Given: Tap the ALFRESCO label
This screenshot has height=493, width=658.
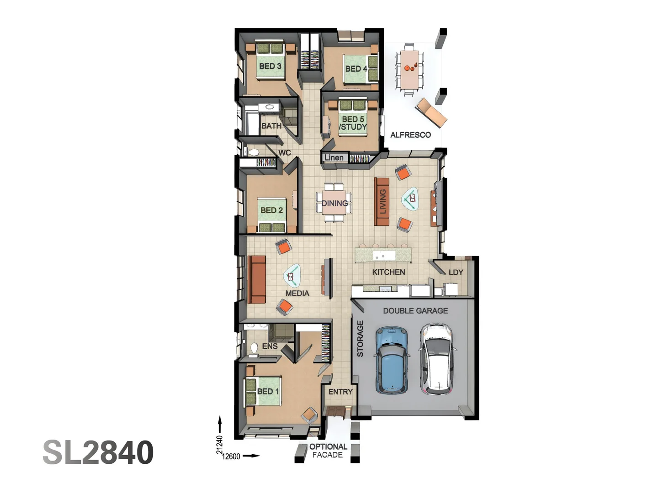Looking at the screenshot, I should tap(410, 135).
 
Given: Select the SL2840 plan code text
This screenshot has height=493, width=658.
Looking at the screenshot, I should tap(98, 452).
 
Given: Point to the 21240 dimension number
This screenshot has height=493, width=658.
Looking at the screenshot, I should tap(219, 445).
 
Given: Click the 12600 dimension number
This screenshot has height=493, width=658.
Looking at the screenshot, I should tap(231, 456).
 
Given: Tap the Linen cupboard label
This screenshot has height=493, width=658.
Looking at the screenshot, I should tap(334, 157).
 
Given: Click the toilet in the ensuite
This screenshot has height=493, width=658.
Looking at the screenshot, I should tap(254, 348).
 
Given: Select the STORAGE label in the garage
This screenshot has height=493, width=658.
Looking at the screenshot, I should tap(360, 338).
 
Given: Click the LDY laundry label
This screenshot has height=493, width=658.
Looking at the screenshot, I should tap(456, 272).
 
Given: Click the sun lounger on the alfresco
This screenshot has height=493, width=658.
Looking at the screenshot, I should tap(431, 112).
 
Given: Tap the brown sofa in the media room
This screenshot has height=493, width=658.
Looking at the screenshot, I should tap(257, 279).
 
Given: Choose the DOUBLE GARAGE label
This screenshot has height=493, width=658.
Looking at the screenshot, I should tap(415, 310).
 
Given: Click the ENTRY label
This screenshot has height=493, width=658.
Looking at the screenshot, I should tap(340, 392).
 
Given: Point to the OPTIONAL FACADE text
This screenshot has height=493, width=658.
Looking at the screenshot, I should tap(328, 451).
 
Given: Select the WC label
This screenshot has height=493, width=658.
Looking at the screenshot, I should tap(284, 152).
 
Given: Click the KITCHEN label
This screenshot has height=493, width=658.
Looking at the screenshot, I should tap(388, 272).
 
